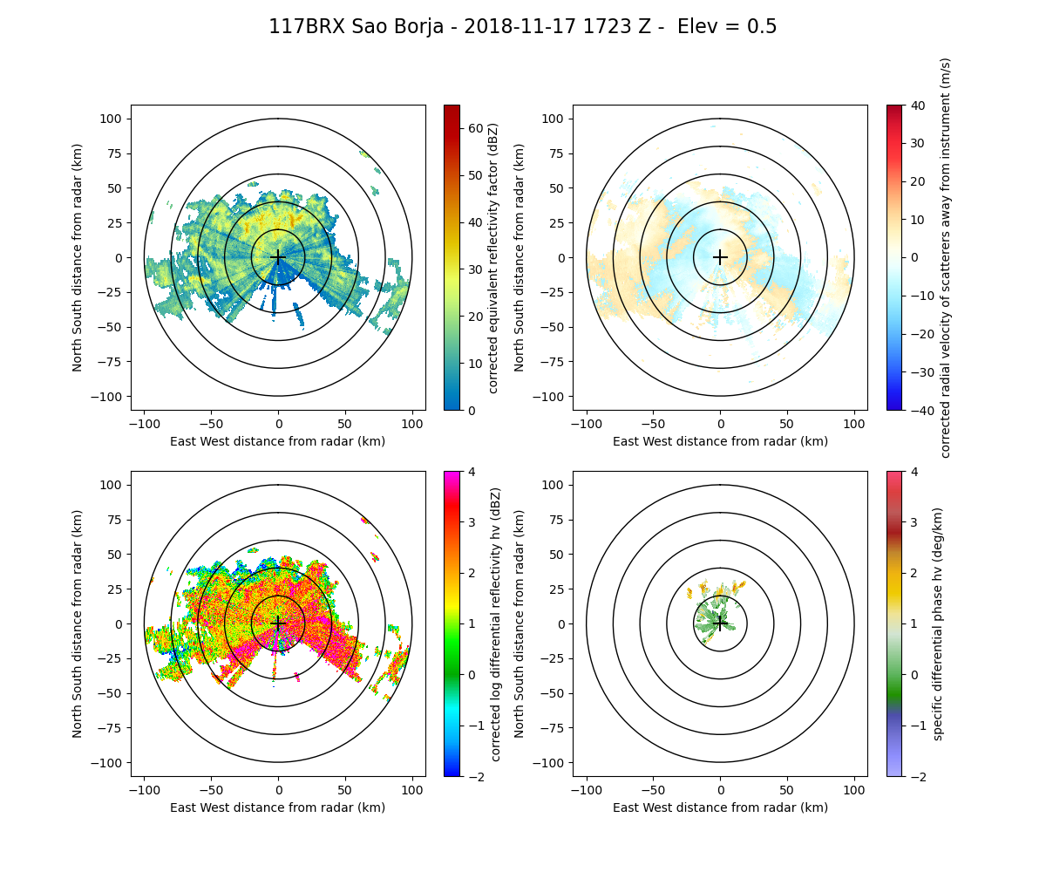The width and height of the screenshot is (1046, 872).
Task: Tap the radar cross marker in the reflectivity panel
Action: [x=278, y=257]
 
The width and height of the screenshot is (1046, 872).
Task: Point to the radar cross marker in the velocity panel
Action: [x=720, y=257]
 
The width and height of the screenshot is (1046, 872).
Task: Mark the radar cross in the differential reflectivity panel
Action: [x=278, y=623]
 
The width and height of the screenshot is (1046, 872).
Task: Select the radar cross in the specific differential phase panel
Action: [x=720, y=623]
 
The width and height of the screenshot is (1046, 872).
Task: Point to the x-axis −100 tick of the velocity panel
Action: [x=587, y=424]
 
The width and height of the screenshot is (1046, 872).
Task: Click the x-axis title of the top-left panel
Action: [x=278, y=441]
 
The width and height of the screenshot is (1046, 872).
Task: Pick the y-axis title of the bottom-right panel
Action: [x=520, y=623]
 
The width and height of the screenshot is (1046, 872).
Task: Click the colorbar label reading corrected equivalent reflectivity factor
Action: [x=494, y=257]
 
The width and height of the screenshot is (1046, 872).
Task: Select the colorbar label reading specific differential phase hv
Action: [x=938, y=623]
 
